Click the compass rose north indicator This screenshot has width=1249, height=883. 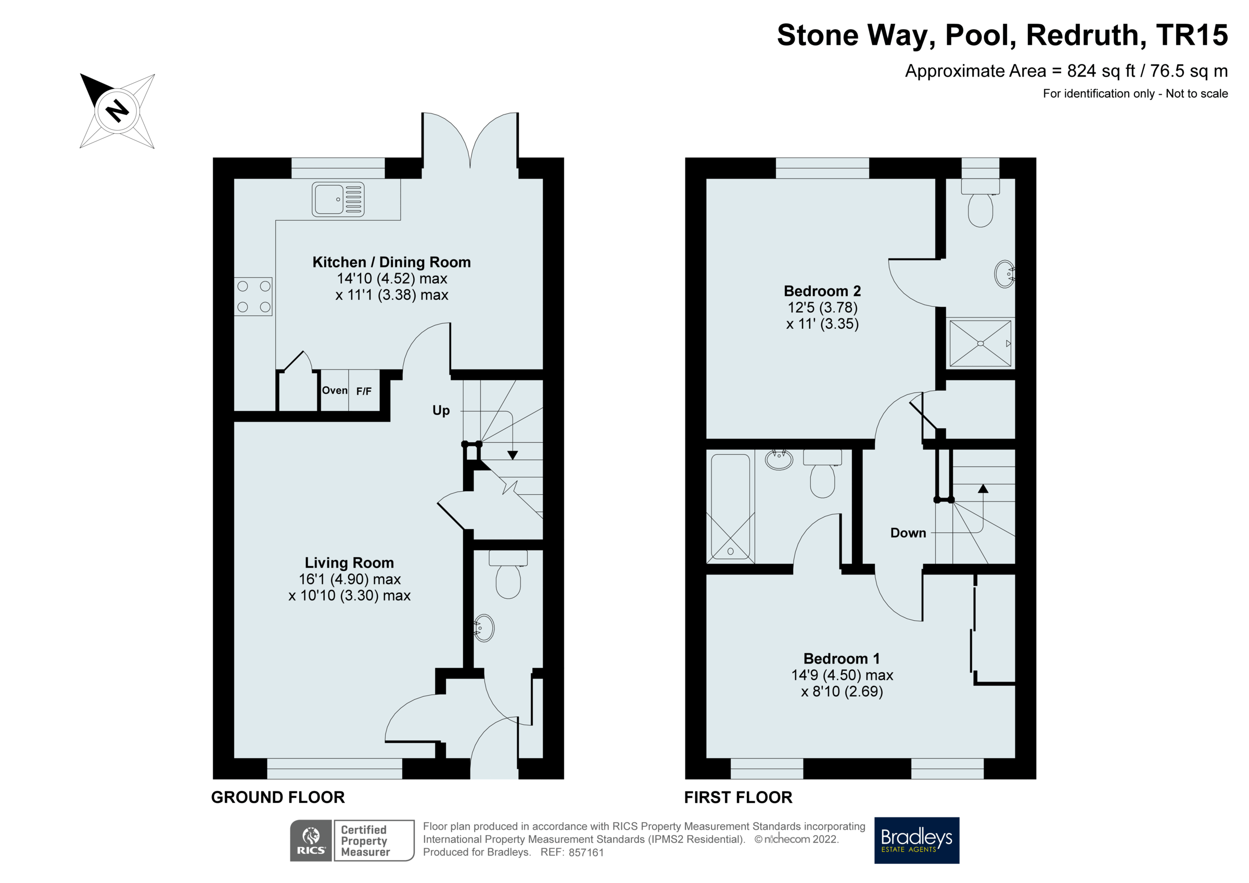(x=117, y=111)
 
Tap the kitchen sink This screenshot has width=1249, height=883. (x=338, y=199)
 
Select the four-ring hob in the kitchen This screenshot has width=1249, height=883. (x=253, y=297)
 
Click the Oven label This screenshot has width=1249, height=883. (x=335, y=390)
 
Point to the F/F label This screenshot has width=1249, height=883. (x=364, y=391)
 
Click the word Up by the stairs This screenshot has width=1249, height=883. (x=441, y=410)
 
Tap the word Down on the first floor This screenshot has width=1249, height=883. (x=908, y=533)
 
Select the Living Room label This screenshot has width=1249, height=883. (x=349, y=562)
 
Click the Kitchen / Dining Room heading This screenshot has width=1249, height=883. (x=392, y=262)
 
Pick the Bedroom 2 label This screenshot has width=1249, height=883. (x=822, y=291)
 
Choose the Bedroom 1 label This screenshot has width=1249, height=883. (x=842, y=659)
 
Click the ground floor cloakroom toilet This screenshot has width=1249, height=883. (x=508, y=574)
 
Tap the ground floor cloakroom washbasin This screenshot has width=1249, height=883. (x=483, y=629)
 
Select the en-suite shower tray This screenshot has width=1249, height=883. (x=980, y=343)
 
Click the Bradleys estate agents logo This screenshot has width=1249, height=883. (x=916, y=840)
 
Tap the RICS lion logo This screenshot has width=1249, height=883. (x=311, y=840)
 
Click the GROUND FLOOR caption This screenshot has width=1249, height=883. (x=278, y=798)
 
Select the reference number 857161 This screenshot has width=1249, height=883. (x=586, y=852)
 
